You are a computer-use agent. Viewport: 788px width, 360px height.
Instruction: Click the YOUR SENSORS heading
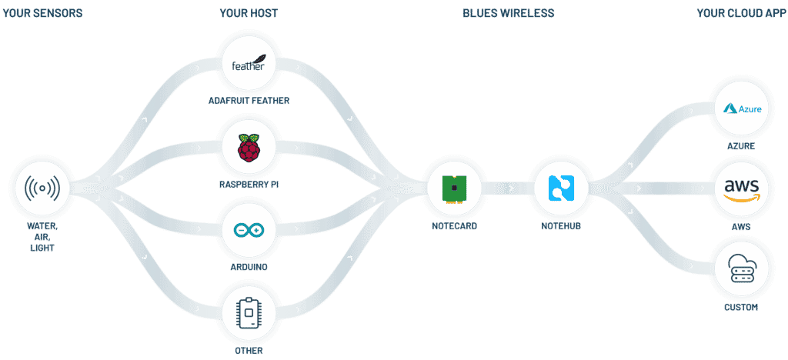click(x=42, y=13)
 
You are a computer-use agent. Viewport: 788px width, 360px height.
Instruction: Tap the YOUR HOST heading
click(x=249, y=13)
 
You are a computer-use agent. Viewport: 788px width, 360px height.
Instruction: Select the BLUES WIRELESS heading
click(x=508, y=13)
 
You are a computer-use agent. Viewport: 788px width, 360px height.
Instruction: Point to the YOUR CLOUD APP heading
click(x=740, y=13)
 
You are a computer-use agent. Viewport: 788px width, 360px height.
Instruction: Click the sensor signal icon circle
click(x=42, y=188)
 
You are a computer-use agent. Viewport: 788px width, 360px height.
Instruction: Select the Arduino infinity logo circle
click(x=248, y=230)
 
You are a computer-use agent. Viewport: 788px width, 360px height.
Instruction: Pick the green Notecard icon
click(x=454, y=187)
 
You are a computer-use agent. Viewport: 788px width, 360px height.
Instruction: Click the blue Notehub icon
click(x=559, y=187)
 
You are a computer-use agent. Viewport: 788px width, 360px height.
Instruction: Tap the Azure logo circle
click(x=742, y=108)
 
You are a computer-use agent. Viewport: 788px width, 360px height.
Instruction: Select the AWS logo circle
click(x=742, y=188)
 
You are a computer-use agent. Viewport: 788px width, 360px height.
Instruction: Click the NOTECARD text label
click(x=454, y=226)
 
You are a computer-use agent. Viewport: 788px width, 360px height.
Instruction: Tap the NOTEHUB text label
click(x=559, y=226)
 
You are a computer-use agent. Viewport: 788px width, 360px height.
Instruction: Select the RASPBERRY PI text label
click(x=248, y=185)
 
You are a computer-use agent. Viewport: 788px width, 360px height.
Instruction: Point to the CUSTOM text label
click(x=742, y=308)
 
